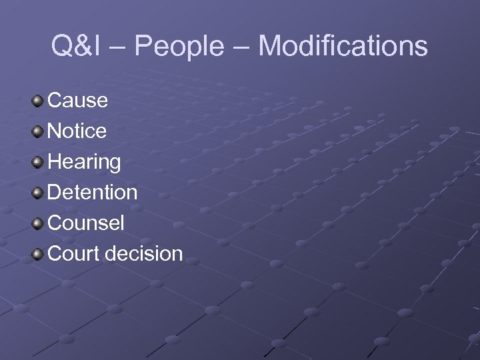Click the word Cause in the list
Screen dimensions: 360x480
[x=78, y=101]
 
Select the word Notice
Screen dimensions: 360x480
[x=77, y=131]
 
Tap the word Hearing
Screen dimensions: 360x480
[x=85, y=162]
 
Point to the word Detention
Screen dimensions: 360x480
[x=93, y=193]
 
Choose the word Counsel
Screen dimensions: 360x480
[x=87, y=223]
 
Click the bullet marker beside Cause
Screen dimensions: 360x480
[x=38, y=101]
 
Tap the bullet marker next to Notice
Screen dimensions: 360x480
[x=38, y=131]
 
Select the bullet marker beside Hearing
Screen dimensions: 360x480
[x=38, y=162]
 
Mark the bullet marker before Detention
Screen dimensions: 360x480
[x=38, y=193]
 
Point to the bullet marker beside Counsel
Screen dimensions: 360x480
[x=38, y=223]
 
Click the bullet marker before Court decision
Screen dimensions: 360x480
[x=38, y=254]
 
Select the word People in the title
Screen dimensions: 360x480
[x=179, y=47]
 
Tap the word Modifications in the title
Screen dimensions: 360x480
[x=343, y=47]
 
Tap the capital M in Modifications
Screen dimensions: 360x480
[x=270, y=47]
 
